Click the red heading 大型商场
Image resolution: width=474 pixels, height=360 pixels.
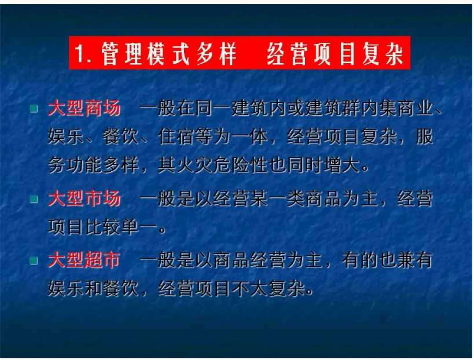pos(84,109)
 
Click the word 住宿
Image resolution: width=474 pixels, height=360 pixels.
pos(176,137)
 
